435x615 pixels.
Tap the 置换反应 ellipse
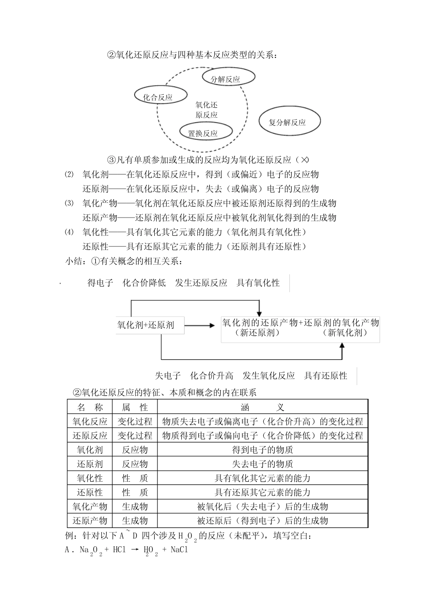click(x=203, y=132)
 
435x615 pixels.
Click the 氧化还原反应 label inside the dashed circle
click(x=207, y=110)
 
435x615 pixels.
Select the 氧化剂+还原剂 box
click(x=146, y=325)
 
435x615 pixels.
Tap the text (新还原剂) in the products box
click(x=260, y=333)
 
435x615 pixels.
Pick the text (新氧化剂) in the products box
click(x=348, y=333)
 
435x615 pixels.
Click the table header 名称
click(x=90, y=407)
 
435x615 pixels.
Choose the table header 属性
click(x=135, y=407)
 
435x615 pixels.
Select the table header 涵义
click(x=262, y=407)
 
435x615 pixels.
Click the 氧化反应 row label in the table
click(x=90, y=421)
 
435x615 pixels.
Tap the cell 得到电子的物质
click(x=262, y=450)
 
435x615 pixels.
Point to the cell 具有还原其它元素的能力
click(x=262, y=492)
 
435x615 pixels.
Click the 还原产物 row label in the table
click(x=90, y=521)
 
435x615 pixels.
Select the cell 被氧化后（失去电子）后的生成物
click(x=262, y=506)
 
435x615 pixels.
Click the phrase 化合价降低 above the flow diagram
click(x=144, y=283)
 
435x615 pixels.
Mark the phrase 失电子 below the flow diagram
click(x=168, y=376)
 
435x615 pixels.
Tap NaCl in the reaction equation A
click(x=179, y=550)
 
